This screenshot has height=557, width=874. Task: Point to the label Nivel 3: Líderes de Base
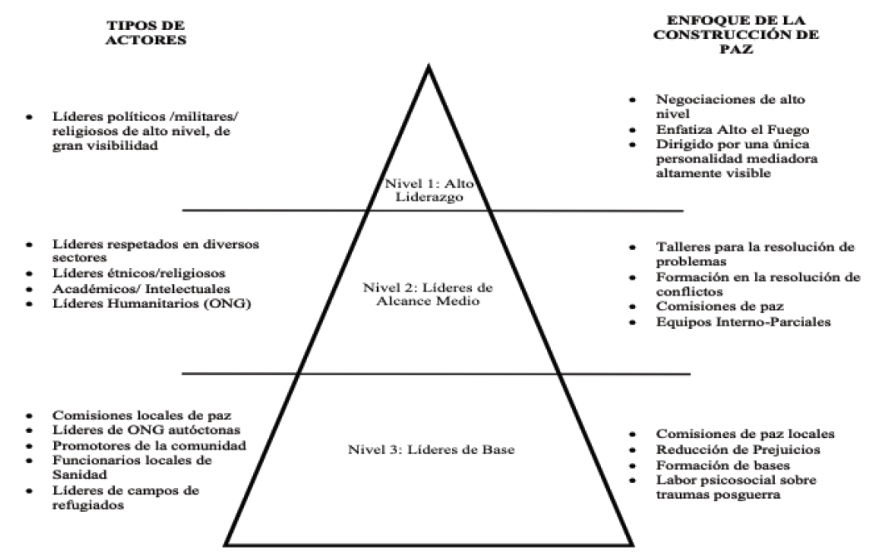[x=429, y=450]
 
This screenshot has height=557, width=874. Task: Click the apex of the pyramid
[x=429, y=67]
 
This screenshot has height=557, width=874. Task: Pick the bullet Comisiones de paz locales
[x=734, y=434]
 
